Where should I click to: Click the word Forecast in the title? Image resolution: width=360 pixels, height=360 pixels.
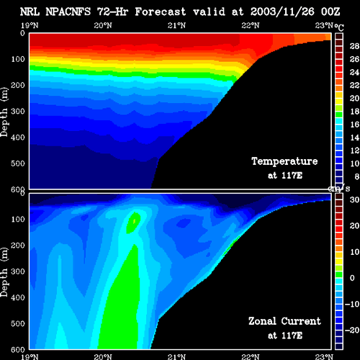pos(161,12)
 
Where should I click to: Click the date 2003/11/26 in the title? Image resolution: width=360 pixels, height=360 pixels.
pos(282,12)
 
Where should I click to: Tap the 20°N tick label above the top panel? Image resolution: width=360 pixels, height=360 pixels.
pos(103,25)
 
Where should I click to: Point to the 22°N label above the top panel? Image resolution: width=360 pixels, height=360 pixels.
pos(251,25)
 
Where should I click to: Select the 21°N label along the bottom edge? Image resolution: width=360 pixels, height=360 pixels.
pos(176,357)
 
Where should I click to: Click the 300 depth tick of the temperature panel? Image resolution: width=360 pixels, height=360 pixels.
pos(18,112)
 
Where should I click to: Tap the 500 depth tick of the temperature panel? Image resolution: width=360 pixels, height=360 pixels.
pos(18,163)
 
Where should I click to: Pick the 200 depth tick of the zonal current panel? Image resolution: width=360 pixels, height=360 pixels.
pos(18,246)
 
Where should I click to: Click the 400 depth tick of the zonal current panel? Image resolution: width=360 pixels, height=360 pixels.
pos(18,297)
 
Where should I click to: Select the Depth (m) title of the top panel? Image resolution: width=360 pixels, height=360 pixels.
pos(4,112)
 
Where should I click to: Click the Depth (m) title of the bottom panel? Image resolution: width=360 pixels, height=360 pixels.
pos(4,272)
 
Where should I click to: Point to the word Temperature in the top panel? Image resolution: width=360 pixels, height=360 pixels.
pos(284,161)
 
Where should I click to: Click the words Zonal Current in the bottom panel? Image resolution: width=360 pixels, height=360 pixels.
pos(284,321)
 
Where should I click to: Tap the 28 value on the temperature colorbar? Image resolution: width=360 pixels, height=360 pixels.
pos(354,46)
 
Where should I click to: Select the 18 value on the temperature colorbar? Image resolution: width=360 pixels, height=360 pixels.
pos(354,112)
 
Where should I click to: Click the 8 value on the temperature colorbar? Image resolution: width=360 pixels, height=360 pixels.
pos(356,176)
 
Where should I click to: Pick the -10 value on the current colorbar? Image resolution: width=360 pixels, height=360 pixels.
pos(352,304)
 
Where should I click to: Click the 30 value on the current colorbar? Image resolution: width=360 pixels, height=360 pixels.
pos(354,199)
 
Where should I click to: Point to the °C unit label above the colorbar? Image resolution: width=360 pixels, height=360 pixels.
pos(339,27)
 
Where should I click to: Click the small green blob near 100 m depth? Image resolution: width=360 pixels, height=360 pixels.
pos(133,222)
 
